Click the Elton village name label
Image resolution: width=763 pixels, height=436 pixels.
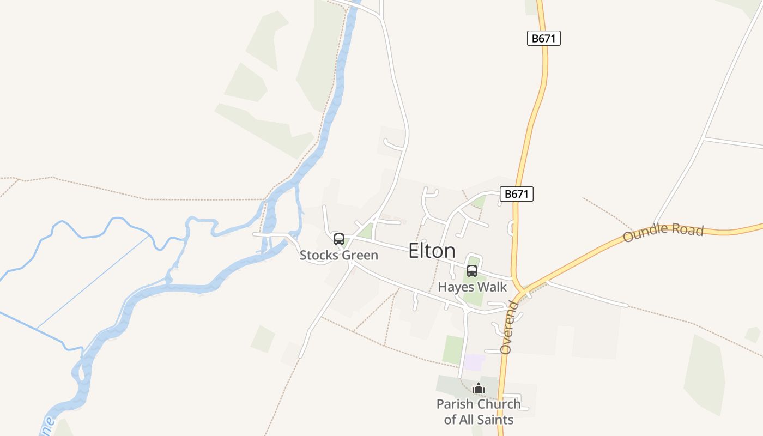point(432,251)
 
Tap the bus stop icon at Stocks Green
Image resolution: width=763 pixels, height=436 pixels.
point(339,239)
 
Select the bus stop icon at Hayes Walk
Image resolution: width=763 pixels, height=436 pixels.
point(472,270)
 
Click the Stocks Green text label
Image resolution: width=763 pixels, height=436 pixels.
point(339,255)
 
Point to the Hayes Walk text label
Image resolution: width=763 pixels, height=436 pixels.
point(473,287)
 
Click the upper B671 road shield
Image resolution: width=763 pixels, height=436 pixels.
point(544,38)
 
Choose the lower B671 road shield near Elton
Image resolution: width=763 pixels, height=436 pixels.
point(517,194)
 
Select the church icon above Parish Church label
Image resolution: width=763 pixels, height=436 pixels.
point(479,389)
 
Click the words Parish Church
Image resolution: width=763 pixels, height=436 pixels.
point(479,404)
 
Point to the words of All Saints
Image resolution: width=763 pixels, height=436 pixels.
point(479,419)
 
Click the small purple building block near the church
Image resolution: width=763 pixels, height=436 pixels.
point(474,362)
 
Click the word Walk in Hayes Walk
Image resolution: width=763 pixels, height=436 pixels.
point(493,287)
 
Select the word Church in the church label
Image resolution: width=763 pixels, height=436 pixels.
point(499,404)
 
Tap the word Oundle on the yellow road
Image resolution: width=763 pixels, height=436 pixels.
point(646,235)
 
